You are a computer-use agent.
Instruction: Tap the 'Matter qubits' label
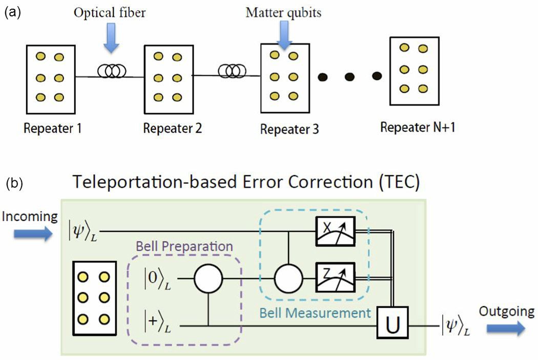click(284, 12)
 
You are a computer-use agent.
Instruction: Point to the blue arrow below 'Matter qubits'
click(285, 37)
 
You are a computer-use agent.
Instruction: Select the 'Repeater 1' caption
click(52, 129)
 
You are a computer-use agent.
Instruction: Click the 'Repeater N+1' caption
click(418, 127)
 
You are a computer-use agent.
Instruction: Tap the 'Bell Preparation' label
click(184, 246)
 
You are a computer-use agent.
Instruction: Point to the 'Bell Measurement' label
click(315, 312)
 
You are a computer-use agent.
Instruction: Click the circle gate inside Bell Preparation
click(208, 279)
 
